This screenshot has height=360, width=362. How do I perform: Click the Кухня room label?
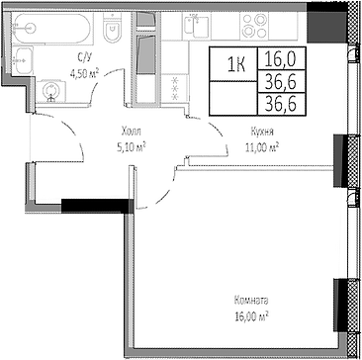click(x=261, y=130)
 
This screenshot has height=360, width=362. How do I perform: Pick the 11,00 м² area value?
click(x=261, y=145)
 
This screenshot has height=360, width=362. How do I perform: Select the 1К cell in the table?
click(x=237, y=65)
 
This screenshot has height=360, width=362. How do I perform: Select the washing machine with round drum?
click(x=52, y=92)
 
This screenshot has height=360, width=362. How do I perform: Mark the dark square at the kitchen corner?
click(x=322, y=18)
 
